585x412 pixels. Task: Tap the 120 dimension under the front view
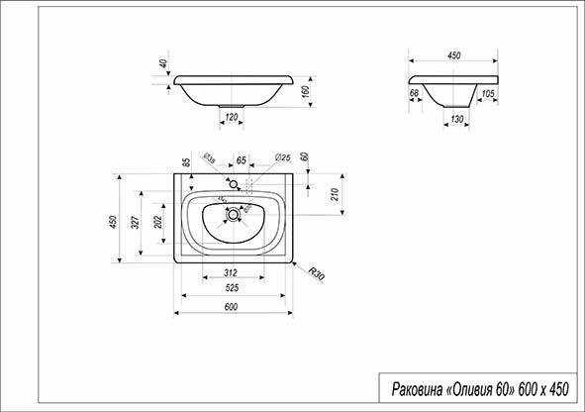point(232,118)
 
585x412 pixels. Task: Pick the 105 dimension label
point(488,94)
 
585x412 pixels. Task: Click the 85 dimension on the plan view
point(186,162)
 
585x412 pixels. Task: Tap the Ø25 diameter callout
point(281,157)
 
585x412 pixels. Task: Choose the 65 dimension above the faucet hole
point(241,158)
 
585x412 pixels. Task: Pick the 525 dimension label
point(232,289)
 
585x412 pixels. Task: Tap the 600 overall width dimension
point(231,307)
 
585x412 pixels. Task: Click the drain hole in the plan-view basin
point(233,212)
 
